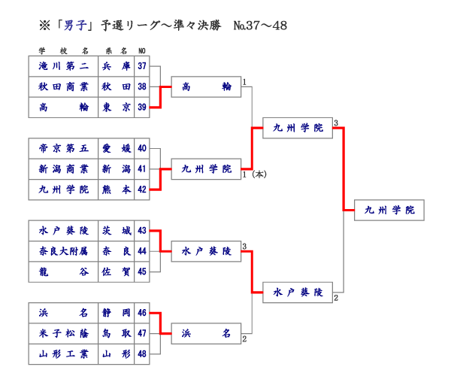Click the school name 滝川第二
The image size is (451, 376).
click(x=63, y=66)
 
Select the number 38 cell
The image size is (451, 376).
click(x=143, y=86)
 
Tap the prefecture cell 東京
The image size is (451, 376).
click(x=117, y=108)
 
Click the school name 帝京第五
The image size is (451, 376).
click(x=63, y=148)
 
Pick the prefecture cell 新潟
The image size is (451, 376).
click(x=117, y=168)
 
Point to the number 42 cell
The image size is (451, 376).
click(x=143, y=190)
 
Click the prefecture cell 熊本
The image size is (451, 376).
click(x=117, y=190)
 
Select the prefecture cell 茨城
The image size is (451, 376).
click(x=117, y=230)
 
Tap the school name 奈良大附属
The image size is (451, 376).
click(x=63, y=250)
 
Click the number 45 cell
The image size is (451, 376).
click(x=143, y=271)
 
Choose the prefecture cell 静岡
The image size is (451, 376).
click(x=117, y=312)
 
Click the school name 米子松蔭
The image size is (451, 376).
click(x=63, y=332)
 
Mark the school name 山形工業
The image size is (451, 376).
click(x=63, y=353)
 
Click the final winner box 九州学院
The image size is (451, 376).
click(x=389, y=210)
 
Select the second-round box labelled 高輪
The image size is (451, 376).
click(x=206, y=87)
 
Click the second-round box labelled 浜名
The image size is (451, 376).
click(x=206, y=332)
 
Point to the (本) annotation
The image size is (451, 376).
click(x=259, y=174)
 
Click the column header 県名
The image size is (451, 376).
click(x=117, y=51)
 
